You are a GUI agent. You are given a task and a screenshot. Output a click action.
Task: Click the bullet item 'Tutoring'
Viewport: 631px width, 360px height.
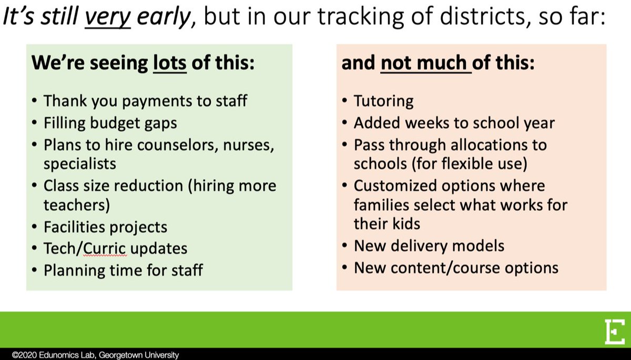pos(383,100)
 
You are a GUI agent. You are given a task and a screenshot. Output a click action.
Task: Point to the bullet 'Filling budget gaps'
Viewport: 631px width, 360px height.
pos(110,123)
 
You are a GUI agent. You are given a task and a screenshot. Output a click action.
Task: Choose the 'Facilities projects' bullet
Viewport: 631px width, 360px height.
pos(105,227)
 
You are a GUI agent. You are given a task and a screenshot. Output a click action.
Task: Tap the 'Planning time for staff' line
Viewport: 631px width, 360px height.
pos(123,270)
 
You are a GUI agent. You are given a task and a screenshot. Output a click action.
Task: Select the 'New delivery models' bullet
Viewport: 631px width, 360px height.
pos(429,245)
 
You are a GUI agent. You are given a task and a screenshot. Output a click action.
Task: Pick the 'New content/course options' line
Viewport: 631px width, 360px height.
pos(456,267)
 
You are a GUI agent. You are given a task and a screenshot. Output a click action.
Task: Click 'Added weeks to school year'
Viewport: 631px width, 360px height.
pos(454,122)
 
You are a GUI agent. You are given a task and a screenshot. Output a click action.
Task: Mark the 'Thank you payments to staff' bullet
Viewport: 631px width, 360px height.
pos(145,100)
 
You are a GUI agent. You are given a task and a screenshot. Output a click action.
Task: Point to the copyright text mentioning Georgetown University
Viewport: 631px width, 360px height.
pos(90,355)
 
